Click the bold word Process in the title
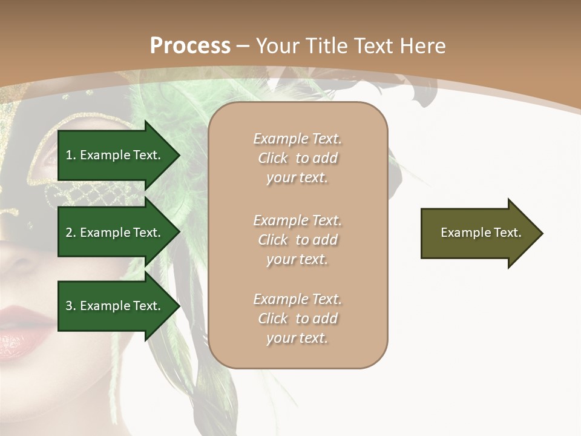click(x=190, y=46)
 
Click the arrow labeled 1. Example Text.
click(x=115, y=155)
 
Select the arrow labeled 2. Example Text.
click(x=115, y=233)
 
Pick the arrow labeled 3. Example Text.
click(x=115, y=306)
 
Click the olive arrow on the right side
click(x=478, y=233)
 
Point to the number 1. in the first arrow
click(x=71, y=155)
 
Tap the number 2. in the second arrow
click(x=71, y=233)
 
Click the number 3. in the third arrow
click(x=71, y=306)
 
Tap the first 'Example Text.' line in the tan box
click(x=297, y=139)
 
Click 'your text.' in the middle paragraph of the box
click(x=297, y=259)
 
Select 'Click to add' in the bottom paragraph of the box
click(x=297, y=319)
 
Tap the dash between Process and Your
click(x=243, y=46)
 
